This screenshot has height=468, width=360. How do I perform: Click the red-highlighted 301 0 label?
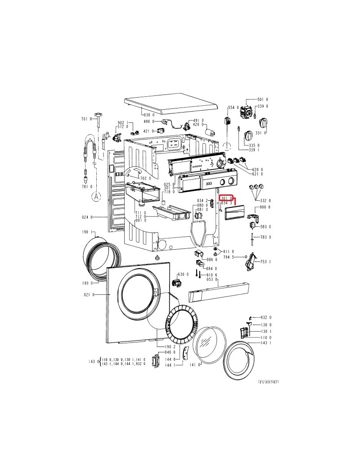[226, 198]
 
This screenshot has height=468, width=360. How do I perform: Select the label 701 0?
[86, 119]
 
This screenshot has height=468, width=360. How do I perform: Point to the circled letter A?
[96, 196]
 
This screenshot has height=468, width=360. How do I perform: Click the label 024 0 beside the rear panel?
[87, 217]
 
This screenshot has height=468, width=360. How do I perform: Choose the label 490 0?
[149, 121]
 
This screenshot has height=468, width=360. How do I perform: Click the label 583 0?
[265, 226]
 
